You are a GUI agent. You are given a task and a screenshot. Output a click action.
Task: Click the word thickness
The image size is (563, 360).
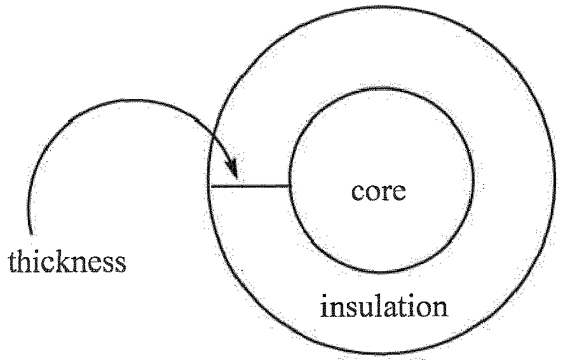67,262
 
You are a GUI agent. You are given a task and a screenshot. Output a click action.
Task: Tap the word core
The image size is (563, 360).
379,191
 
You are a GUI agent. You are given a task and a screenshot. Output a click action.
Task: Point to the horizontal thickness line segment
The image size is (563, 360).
250,186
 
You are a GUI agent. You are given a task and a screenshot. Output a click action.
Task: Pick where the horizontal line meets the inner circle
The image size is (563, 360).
290,186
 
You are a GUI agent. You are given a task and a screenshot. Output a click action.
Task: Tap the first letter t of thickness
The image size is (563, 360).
12,263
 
